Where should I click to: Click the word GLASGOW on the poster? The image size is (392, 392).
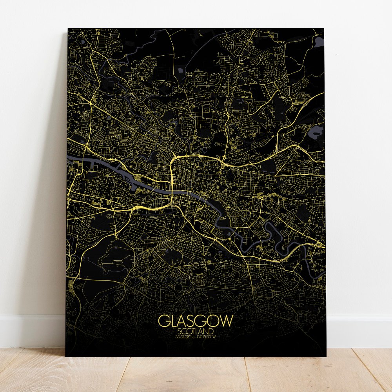pos(196,321)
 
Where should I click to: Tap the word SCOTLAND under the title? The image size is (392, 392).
pos(196,331)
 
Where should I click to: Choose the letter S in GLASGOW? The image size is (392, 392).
pos(189,321)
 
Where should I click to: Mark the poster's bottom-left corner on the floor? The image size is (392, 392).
pos(66,356)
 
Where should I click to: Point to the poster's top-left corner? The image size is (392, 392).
pos(68,29)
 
